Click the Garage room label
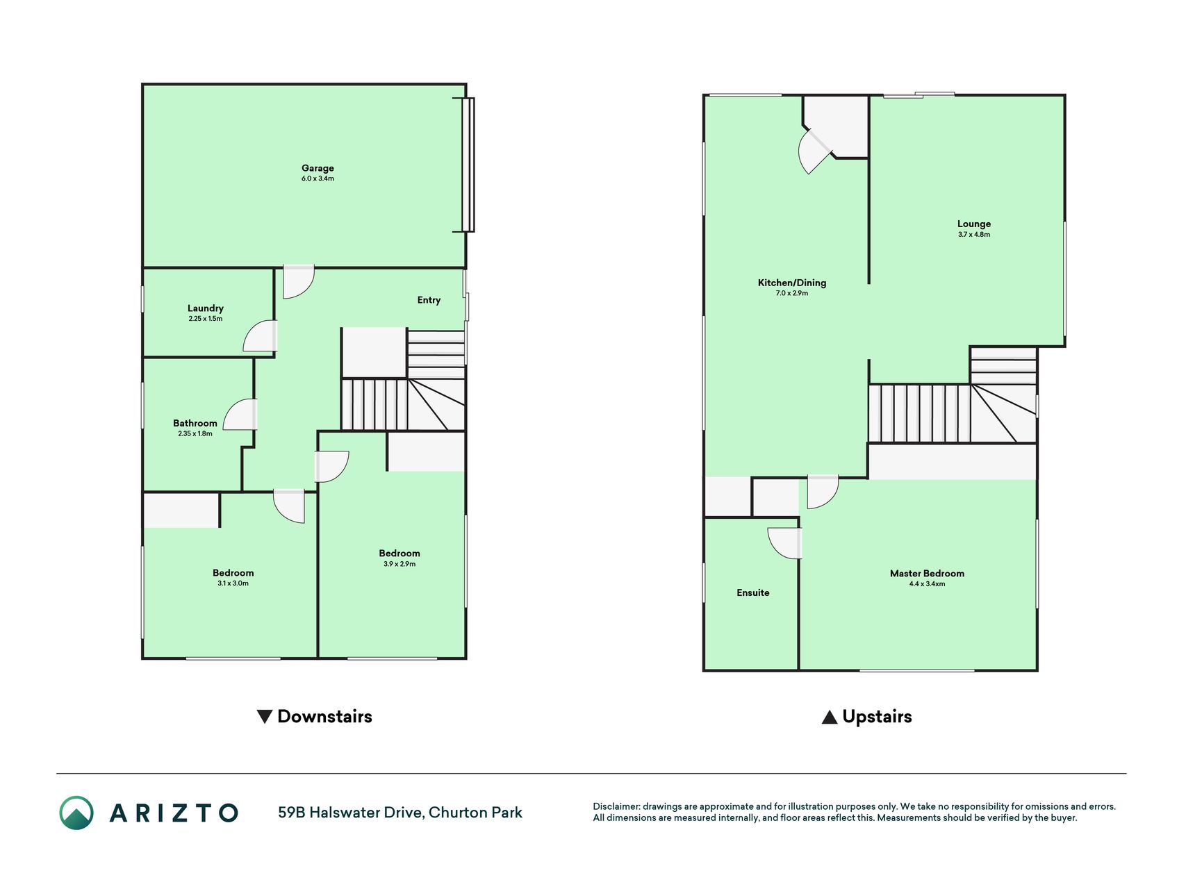coord(318,168)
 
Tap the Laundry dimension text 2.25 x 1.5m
coord(206,319)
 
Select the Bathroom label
coord(195,423)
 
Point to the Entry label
coord(429,300)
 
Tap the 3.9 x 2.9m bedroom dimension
coord(400,564)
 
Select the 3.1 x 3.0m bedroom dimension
coord(233,583)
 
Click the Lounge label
coord(974,224)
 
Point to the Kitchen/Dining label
coord(792,283)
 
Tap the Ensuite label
coord(753,592)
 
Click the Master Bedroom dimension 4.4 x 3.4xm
coord(927,584)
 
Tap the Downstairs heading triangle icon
coord(264,717)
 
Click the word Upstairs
coord(877,717)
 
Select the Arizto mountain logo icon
coord(76,813)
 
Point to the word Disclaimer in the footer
coord(616,806)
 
